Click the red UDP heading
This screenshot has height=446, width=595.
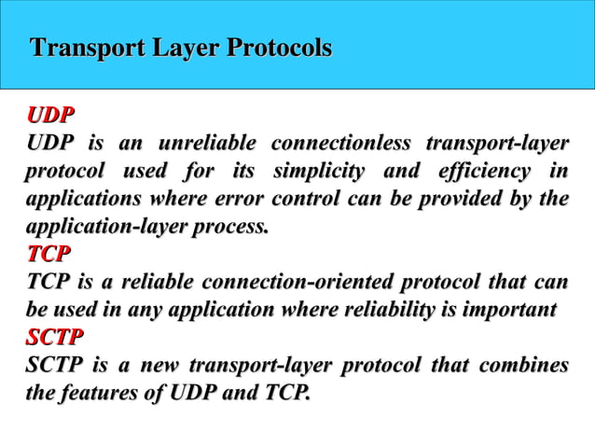point(50,117)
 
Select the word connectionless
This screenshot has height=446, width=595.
point(339,145)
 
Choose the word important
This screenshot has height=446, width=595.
point(509,310)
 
